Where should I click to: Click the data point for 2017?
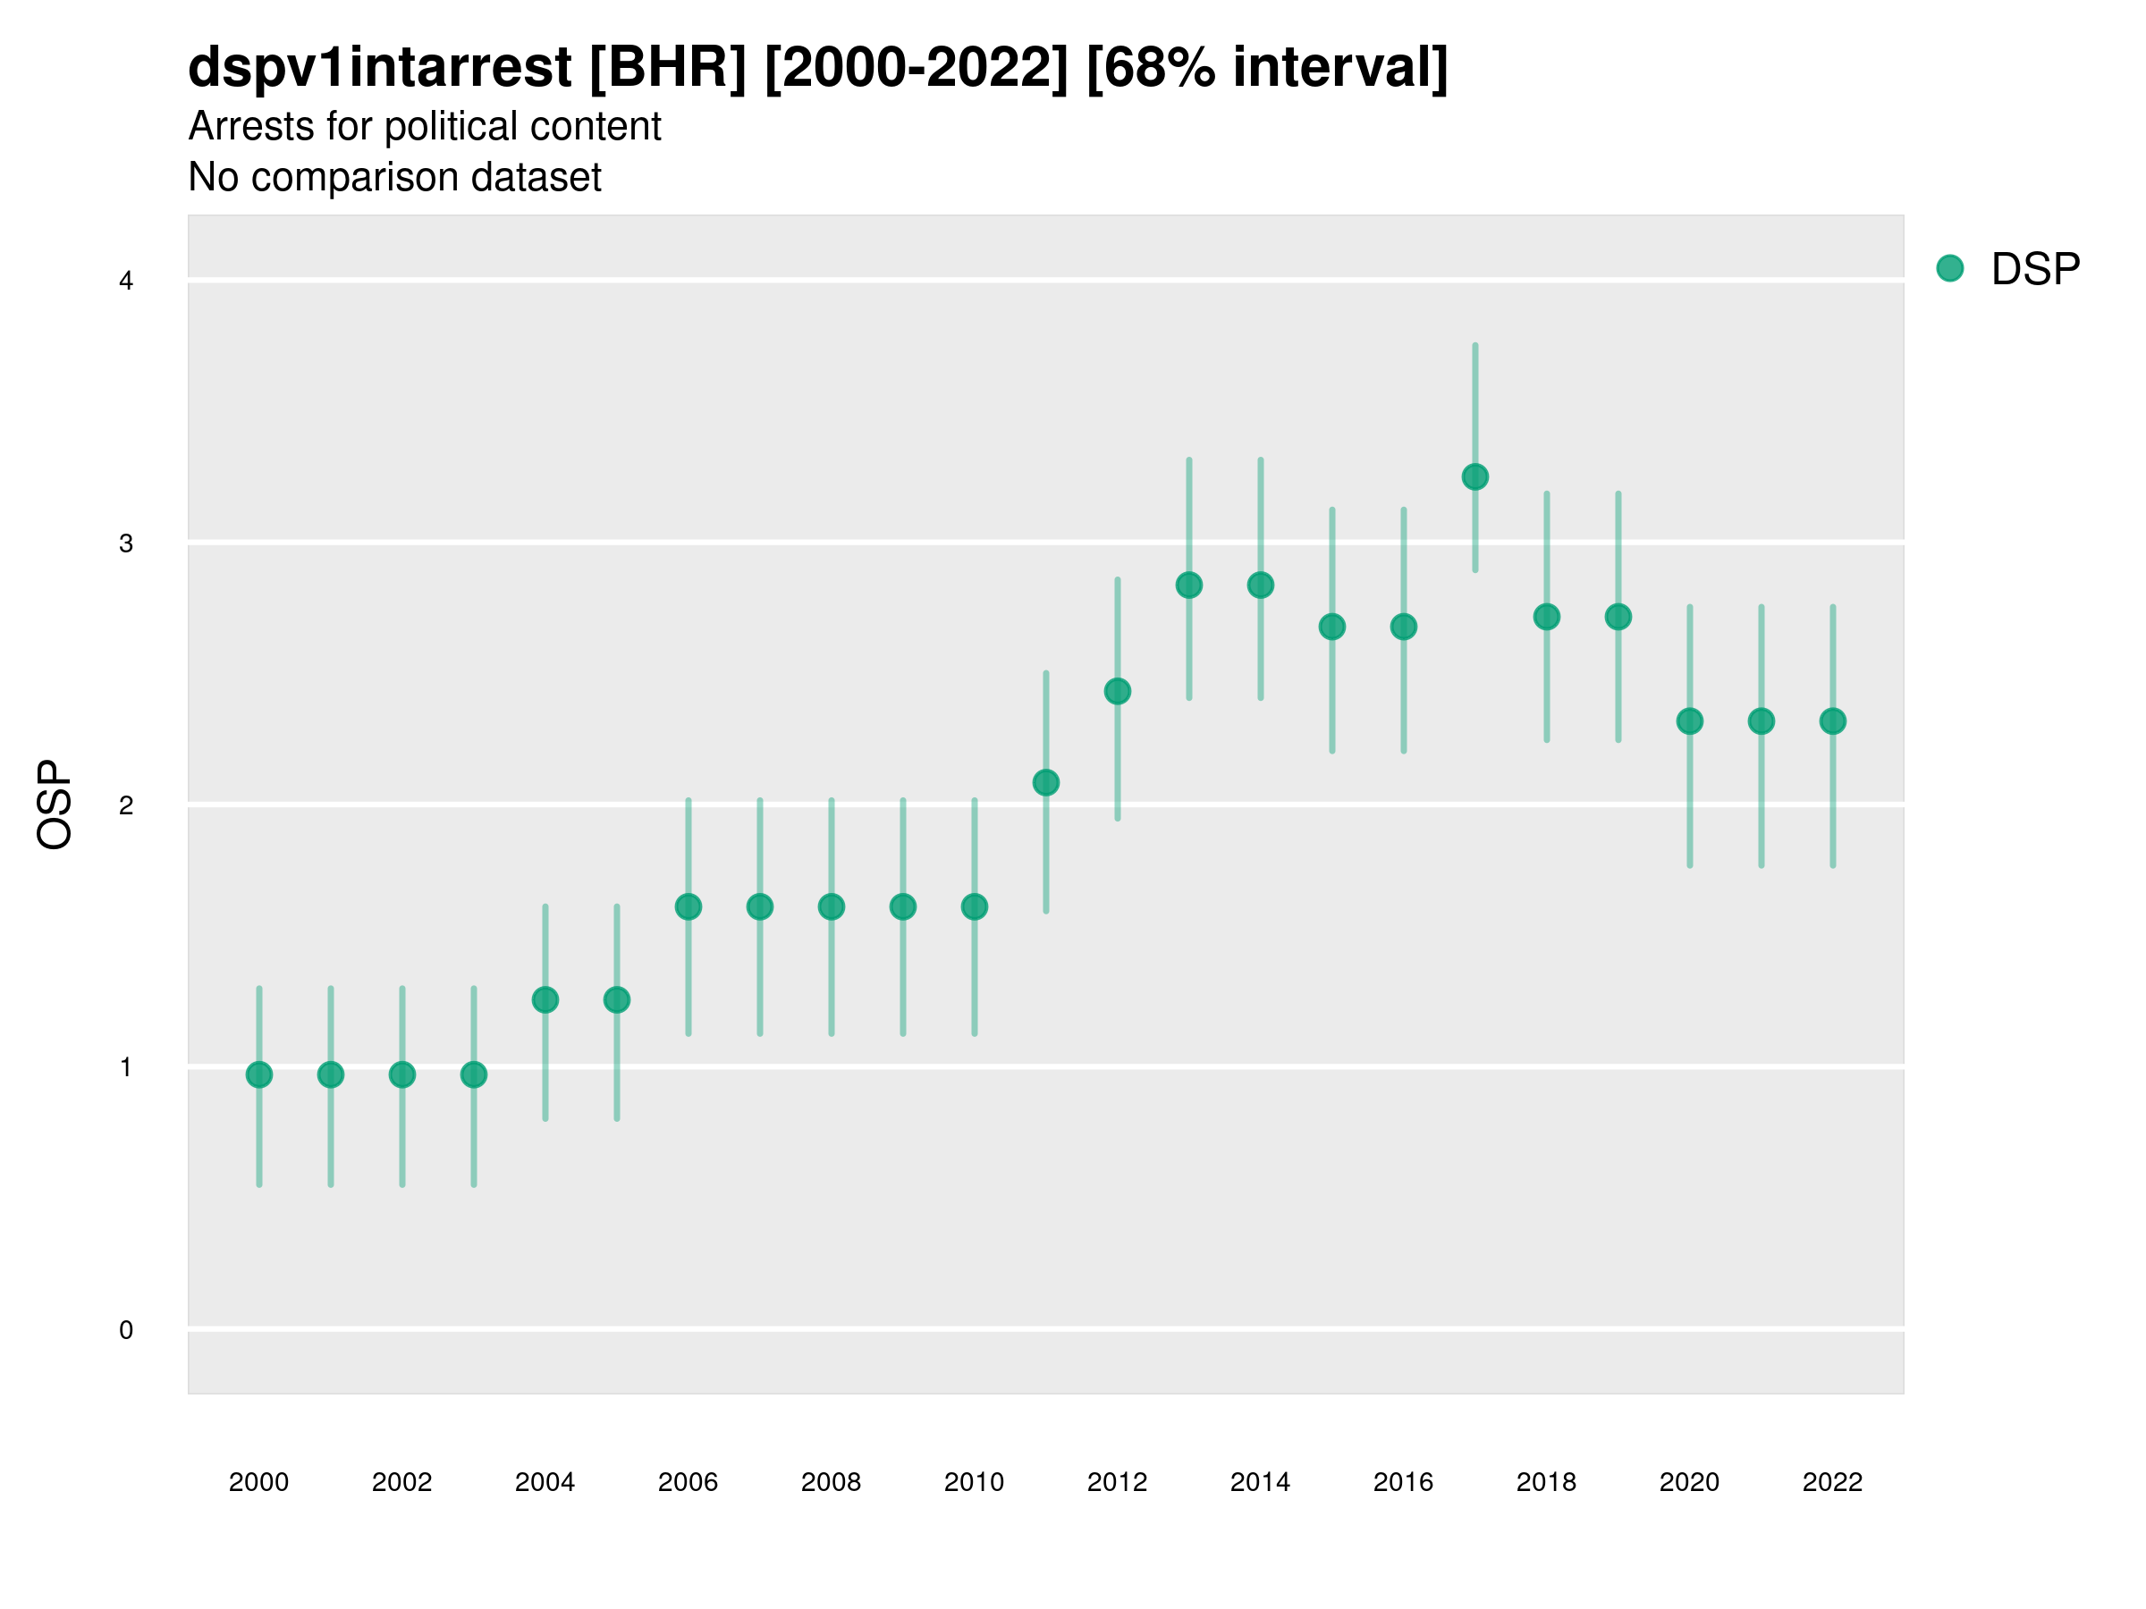click(x=1474, y=477)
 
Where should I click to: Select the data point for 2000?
click(x=259, y=1074)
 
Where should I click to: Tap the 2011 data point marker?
click(x=1046, y=783)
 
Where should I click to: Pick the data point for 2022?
click(x=1833, y=721)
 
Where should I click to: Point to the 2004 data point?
click(x=545, y=1000)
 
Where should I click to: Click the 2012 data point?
click(x=1118, y=692)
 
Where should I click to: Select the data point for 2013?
click(x=1189, y=585)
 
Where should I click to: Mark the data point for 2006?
click(x=689, y=906)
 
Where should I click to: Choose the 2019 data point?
click(x=1618, y=617)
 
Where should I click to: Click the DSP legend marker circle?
click(x=1950, y=269)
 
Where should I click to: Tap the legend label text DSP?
click(x=2035, y=270)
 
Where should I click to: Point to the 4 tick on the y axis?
click(x=126, y=282)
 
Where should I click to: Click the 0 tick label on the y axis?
click(x=126, y=1331)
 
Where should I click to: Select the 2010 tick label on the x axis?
click(x=974, y=1482)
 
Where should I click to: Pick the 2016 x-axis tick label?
click(x=1404, y=1482)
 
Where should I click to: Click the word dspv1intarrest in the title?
click(x=379, y=67)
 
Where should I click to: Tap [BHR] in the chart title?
click(x=669, y=67)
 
